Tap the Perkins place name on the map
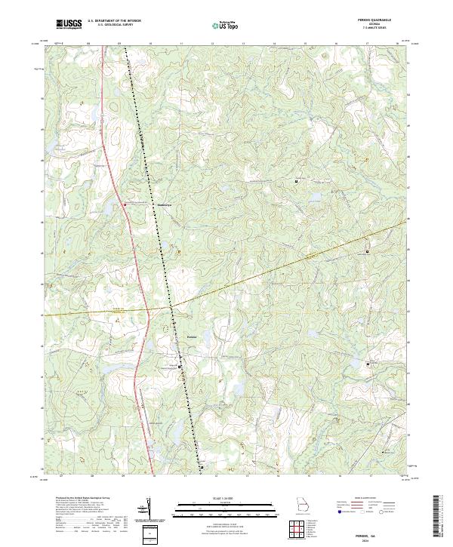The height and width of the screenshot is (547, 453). (x=192, y=336)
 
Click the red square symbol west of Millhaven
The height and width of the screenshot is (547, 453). (x=125, y=204)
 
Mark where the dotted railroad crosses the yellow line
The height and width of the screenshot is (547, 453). (x=171, y=309)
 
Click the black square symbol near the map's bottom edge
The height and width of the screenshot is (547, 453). (x=202, y=466)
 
